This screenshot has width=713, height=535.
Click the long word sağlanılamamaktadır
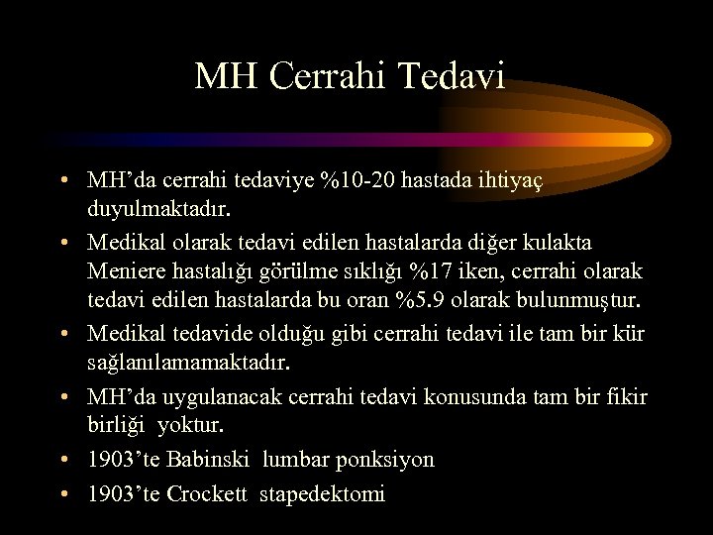pos(188,364)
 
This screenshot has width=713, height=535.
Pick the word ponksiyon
pos(386,460)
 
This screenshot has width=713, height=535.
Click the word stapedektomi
pos(322,493)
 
